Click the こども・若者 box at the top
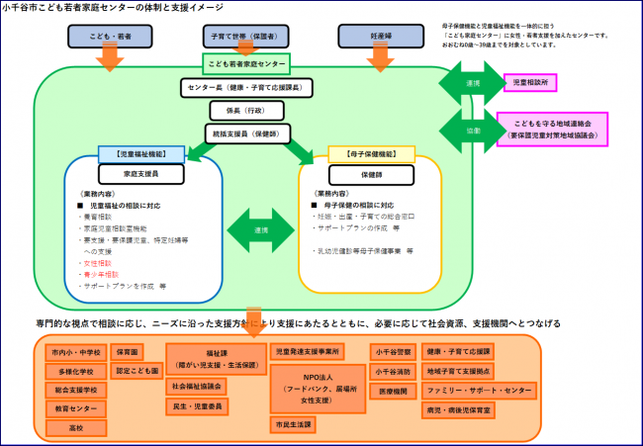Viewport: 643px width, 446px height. point(110,36)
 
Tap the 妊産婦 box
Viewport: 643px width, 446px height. point(380,36)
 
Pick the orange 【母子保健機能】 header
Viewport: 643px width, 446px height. point(369,156)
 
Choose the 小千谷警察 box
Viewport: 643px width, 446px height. point(393,352)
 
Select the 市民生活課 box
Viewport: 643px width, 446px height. point(293,424)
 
